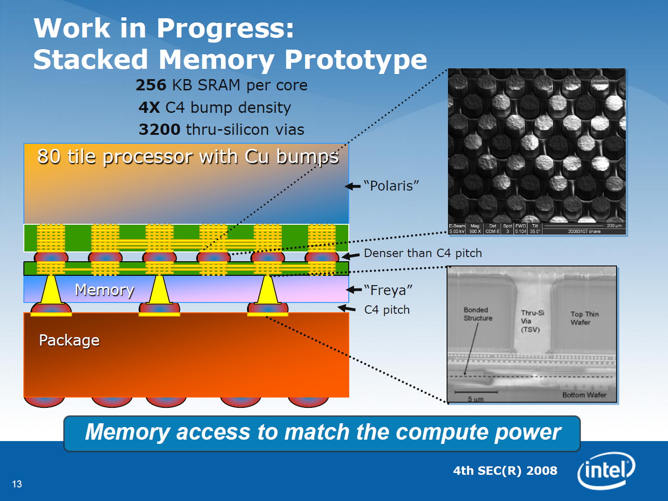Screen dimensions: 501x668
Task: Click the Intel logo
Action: [606, 470]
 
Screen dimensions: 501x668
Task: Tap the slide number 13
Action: [17, 484]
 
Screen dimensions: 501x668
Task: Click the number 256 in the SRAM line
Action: [151, 85]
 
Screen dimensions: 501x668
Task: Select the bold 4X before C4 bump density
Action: [149, 108]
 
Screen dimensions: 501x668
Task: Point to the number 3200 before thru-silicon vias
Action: [159, 130]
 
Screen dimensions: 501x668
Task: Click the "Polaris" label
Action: [391, 186]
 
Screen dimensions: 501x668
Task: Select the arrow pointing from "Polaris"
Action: [353, 186]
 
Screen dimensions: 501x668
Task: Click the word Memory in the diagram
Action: [104, 290]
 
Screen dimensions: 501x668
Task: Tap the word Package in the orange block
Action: [69, 340]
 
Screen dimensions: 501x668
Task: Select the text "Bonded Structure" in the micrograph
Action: [477, 314]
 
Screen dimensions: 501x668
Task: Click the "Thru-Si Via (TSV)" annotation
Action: [532, 321]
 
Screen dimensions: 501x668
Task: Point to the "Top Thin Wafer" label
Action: [584, 318]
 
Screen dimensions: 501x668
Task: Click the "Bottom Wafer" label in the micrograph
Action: [584, 395]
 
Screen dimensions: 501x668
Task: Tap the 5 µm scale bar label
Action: [475, 399]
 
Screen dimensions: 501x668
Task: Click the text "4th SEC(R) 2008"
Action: [505, 471]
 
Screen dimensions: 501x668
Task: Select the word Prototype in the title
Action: [356, 60]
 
